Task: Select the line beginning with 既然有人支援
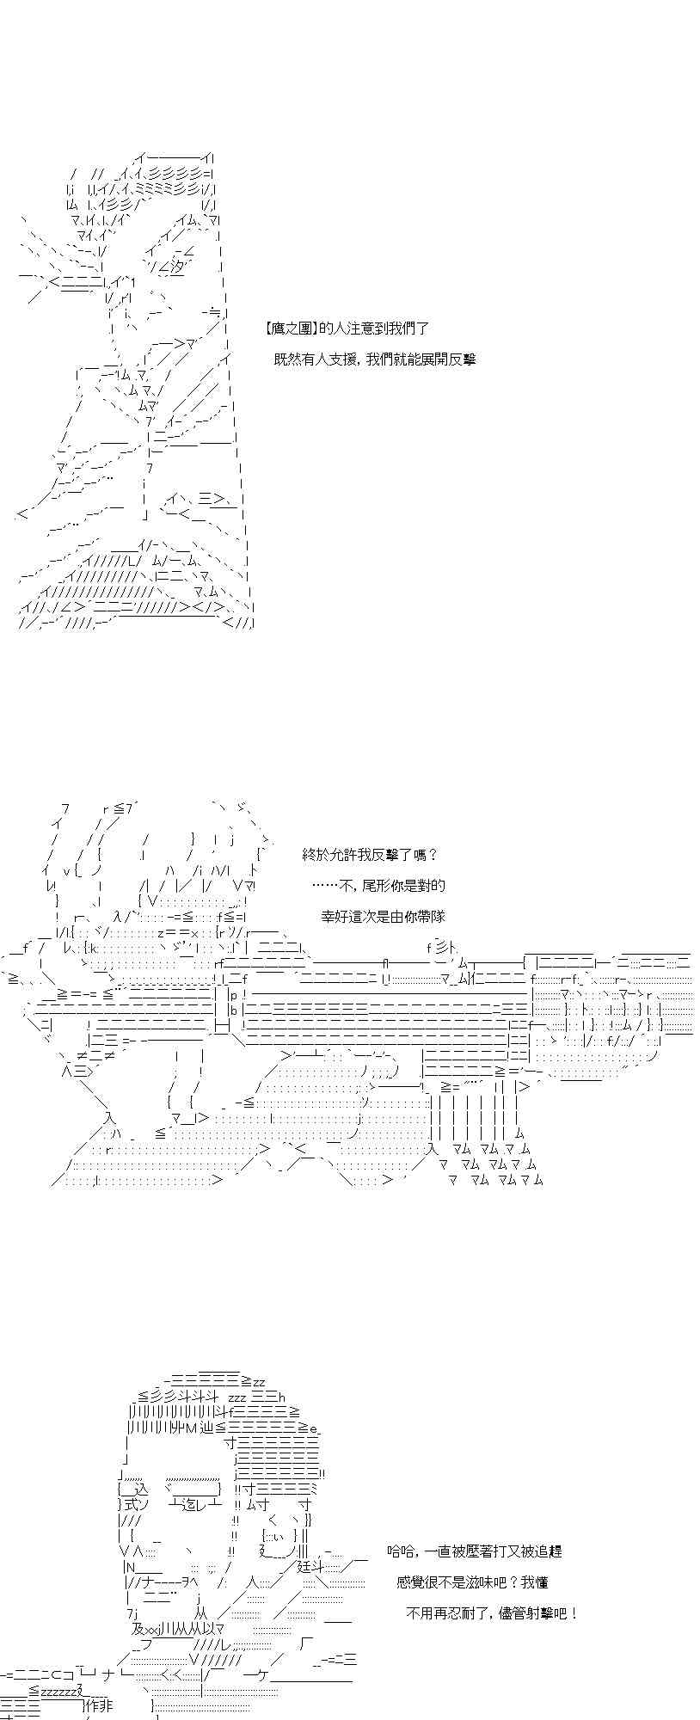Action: [x=374, y=359]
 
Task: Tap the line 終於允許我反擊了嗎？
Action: [x=370, y=855]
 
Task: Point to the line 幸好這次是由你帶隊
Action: [x=384, y=917]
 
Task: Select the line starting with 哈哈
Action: [x=475, y=1551]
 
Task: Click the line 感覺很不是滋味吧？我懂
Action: [x=472, y=1582]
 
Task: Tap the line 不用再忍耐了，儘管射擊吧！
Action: [x=491, y=1613]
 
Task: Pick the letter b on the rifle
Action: [x=233, y=1010]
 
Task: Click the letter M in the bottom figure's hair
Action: [x=192, y=1429]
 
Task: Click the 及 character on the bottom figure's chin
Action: [x=138, y=1630]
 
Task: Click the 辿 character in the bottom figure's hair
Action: [x=206, y=1429]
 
